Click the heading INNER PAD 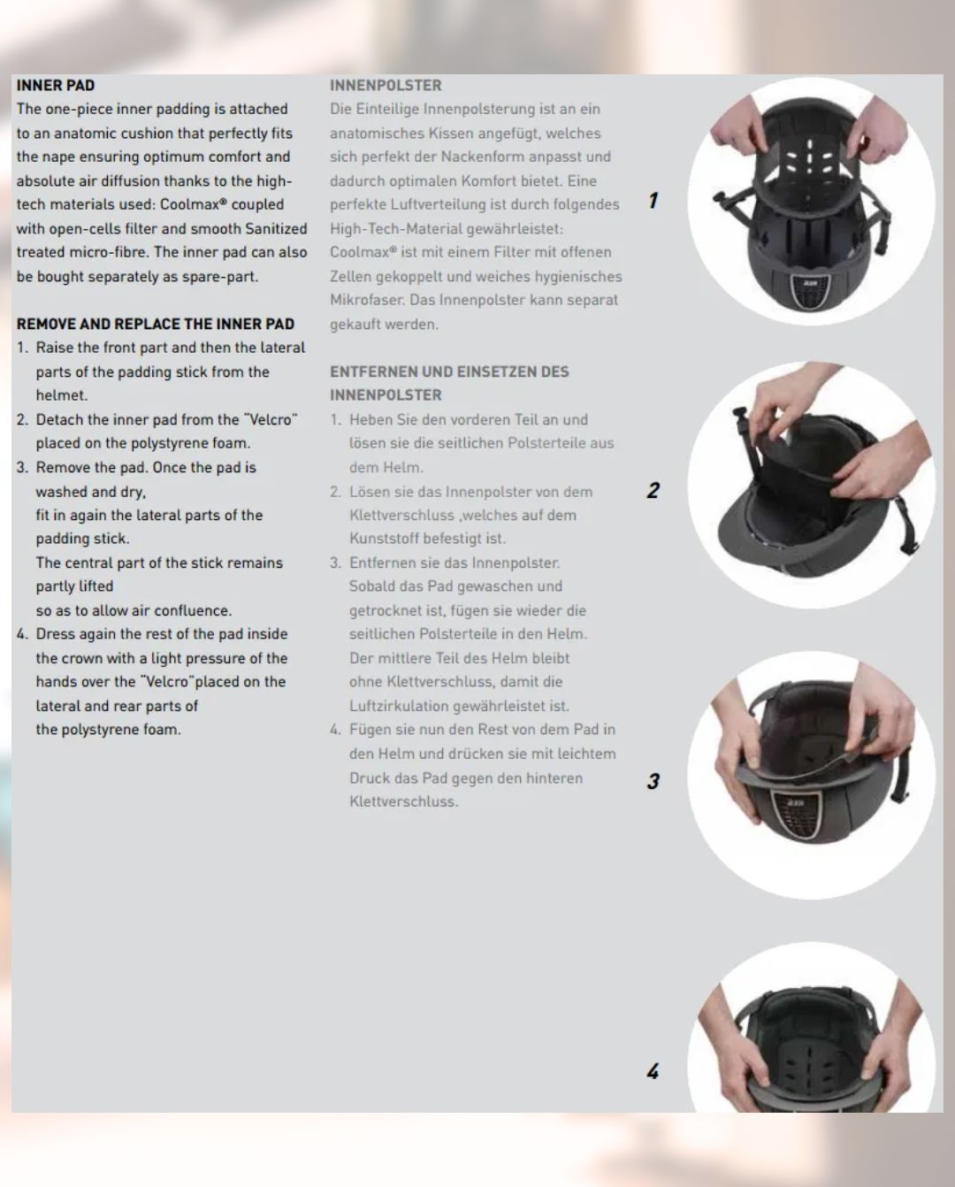(56, 86)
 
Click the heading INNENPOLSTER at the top (386, 86)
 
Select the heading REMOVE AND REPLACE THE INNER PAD (156, 324)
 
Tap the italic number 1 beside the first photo (653, 200)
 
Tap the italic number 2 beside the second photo (653, 490)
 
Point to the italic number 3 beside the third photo (653, 780)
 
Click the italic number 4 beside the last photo (653, 1071)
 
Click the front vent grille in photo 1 (810, 294)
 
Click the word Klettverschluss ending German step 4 (403, 801)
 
